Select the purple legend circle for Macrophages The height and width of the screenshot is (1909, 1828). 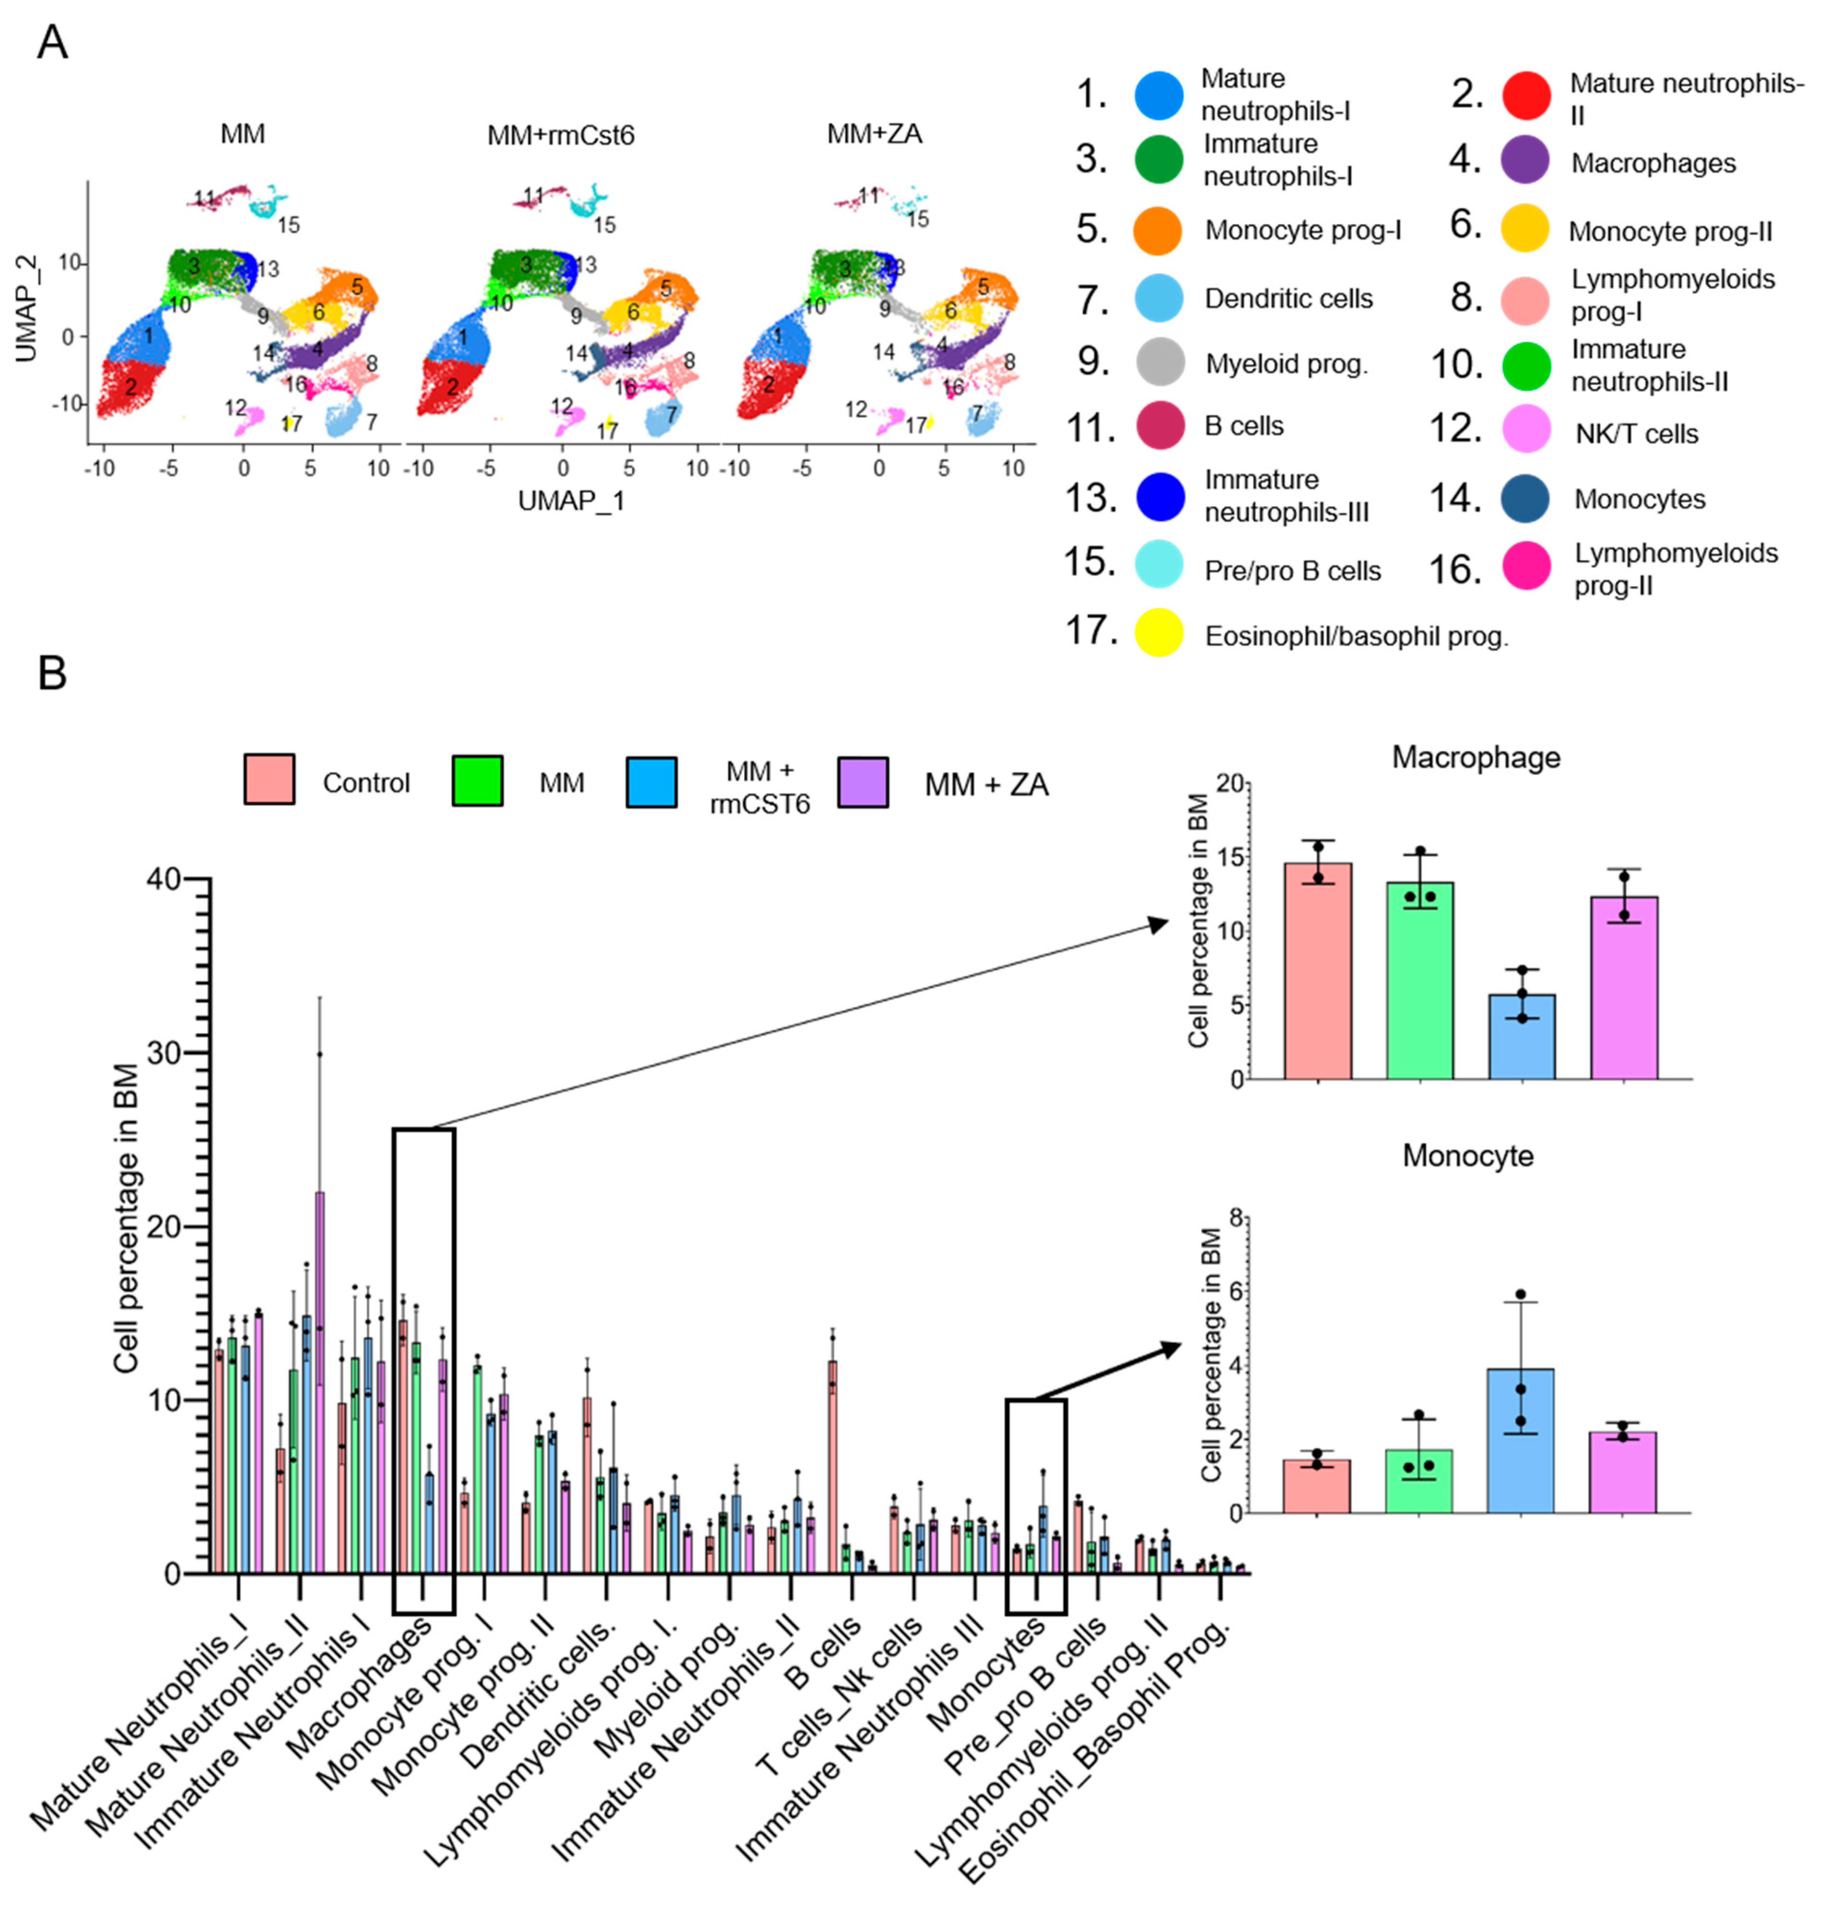tap(1525, 161)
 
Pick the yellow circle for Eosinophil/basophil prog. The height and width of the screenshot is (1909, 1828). tap(1159, 633)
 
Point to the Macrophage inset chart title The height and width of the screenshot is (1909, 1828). tap(1476, 758)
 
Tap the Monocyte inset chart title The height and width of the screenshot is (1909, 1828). tap(1467, 1156)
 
